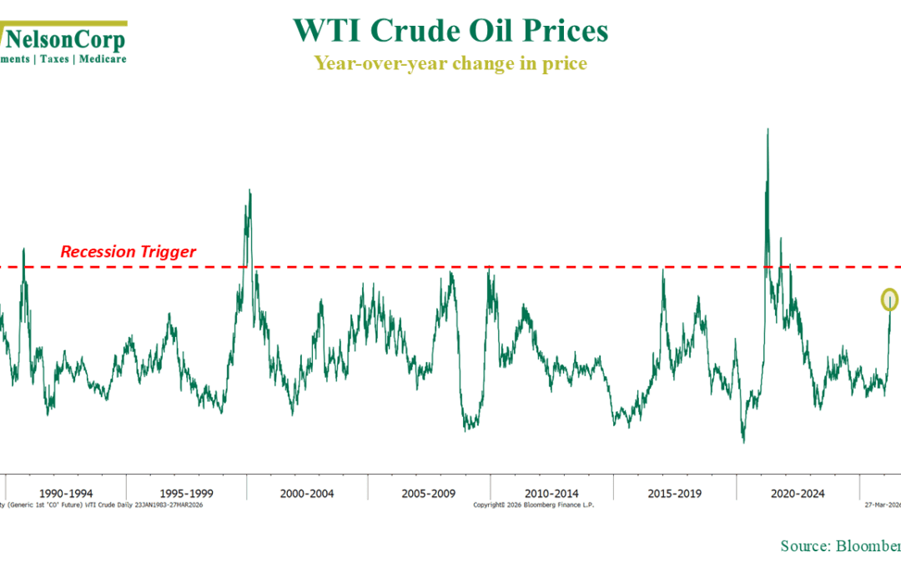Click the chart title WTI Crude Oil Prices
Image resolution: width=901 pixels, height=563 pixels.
point(450,31)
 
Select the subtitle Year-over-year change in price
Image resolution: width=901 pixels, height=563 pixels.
point(450,63)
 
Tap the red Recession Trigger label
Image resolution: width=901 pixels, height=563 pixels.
point(128,251)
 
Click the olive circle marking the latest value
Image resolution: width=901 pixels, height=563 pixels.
point(890,299)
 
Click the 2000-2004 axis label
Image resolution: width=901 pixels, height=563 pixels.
point(308,493)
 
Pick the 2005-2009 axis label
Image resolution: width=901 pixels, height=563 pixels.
point(429,493)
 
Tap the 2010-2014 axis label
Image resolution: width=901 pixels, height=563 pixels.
point(551,493)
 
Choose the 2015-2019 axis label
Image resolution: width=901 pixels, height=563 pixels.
point(674,493)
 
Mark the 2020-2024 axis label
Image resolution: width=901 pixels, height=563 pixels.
point(798,493)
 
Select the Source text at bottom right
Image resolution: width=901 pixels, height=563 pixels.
point(838,545)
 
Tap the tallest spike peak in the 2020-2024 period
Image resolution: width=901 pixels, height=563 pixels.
point(767,130)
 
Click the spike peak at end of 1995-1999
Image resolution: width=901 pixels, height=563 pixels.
point(249,190)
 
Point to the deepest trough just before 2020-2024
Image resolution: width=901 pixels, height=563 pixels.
point(742,441)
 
